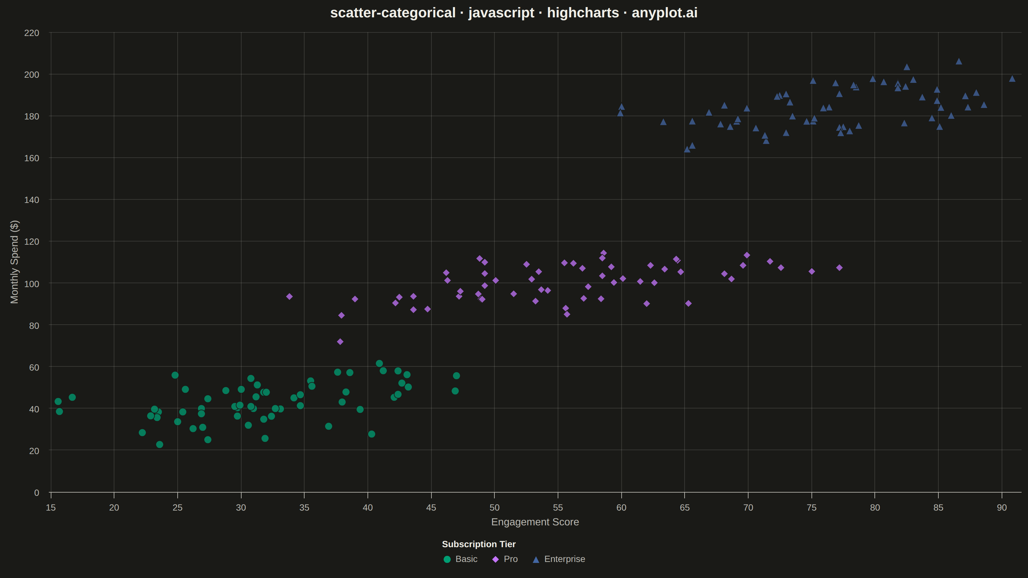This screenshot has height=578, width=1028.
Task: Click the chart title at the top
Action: [514, 13]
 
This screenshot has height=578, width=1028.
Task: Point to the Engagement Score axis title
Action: [535, 522]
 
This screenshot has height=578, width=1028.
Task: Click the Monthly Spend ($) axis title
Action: [14, 262]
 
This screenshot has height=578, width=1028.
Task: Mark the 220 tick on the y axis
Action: [31, 33]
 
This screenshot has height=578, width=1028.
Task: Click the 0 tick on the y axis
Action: [37, 493]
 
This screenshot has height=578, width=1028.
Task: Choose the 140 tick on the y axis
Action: [31, 200]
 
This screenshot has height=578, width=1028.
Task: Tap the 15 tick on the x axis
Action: [51, 507]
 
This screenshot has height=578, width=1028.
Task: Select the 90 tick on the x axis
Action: [1002, 507]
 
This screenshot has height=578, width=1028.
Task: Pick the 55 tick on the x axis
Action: [558, 507]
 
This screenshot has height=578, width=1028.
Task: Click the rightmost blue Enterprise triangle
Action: [1012, 79]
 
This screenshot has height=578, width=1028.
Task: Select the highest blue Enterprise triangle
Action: [959, 61]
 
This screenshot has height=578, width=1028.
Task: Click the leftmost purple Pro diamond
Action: [289, 296]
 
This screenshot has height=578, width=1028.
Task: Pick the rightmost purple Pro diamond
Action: [839, 268]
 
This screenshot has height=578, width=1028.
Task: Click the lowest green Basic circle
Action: [160, 444]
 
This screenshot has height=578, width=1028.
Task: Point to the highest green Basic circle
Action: [379, 363]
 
